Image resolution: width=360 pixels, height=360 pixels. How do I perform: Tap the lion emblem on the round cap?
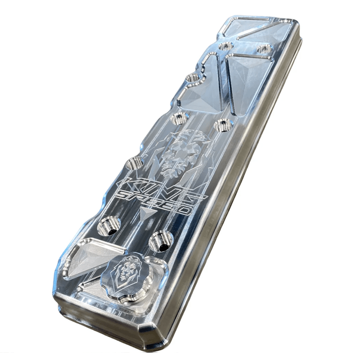pos(124,272)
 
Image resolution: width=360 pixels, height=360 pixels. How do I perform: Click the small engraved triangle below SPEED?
pos(145,214)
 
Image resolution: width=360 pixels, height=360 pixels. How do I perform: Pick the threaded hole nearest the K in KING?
pos(134,163)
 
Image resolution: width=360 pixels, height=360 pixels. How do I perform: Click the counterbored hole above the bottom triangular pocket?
pos(108,224)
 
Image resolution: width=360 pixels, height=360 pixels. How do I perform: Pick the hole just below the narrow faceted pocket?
pos(180,119)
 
